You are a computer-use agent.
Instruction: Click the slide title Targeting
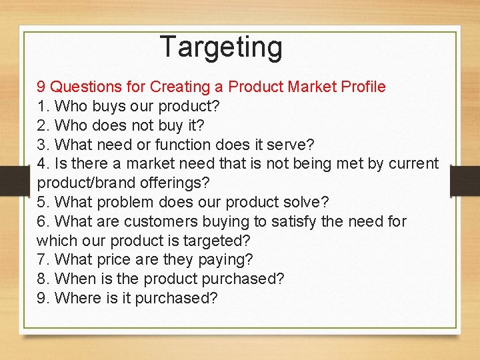221,47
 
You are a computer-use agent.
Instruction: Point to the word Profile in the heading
363,87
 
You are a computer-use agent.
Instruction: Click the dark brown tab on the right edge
465,181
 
